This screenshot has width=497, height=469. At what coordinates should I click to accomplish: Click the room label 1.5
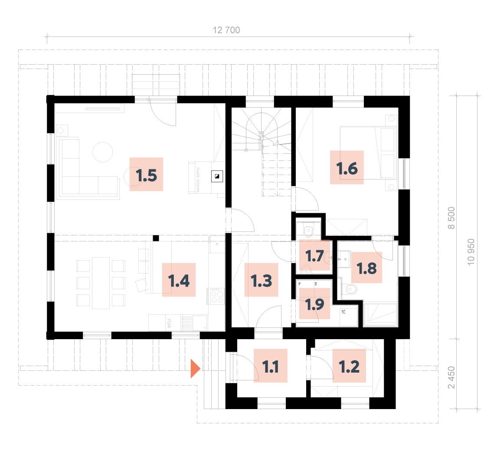[146, 175]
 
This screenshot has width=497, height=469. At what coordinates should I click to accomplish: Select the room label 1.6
[347, 168]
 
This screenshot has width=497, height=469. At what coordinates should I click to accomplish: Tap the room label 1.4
[179, 280]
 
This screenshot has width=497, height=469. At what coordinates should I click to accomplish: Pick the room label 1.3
[261, 280]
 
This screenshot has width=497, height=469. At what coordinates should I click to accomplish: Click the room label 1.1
[271, 366]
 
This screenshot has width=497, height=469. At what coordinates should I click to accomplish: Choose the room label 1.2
[349, 366]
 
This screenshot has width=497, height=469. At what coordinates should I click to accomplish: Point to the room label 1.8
[366, 268]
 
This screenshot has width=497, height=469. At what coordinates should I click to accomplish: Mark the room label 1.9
[314, 304]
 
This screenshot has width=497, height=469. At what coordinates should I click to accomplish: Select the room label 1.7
[314, 255]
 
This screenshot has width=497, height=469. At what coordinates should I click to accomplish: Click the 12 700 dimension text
[226, 30]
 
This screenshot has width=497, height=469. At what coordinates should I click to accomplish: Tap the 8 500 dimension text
[451, 218]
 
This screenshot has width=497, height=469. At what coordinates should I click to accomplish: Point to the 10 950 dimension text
[471, 252]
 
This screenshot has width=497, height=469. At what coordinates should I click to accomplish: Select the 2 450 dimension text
[451, 378]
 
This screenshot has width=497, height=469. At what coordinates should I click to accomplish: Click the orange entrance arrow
[195, 369]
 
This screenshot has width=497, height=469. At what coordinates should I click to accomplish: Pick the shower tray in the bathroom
[380, 314]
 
